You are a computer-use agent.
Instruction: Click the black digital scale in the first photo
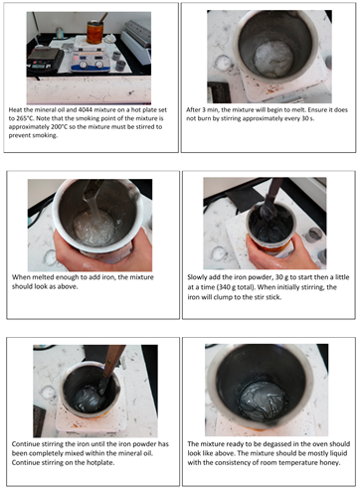click(45, 59)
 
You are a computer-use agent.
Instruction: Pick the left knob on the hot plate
click(83, 64)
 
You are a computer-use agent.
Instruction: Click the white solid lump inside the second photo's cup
click(273, 60)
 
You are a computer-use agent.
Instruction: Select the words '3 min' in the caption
click(208, 109)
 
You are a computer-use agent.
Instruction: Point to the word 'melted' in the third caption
click(43, 277)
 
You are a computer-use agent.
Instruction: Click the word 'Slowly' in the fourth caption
click(198, 277)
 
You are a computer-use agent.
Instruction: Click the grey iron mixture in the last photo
click(263, 401)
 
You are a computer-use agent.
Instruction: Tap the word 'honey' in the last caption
click(330, 462)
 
